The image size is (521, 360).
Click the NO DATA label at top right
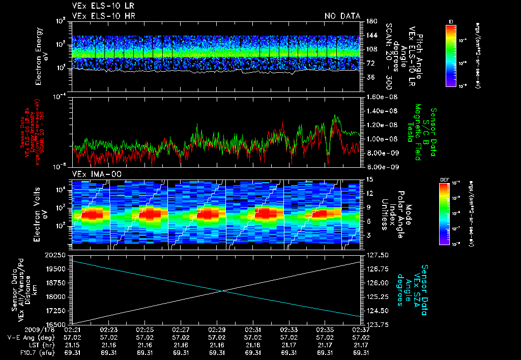(342, 16)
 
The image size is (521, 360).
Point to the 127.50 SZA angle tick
(377, 255)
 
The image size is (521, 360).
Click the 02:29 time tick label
(217, 330)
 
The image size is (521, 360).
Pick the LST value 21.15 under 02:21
(73, 345)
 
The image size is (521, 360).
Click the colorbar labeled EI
(451, 55)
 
